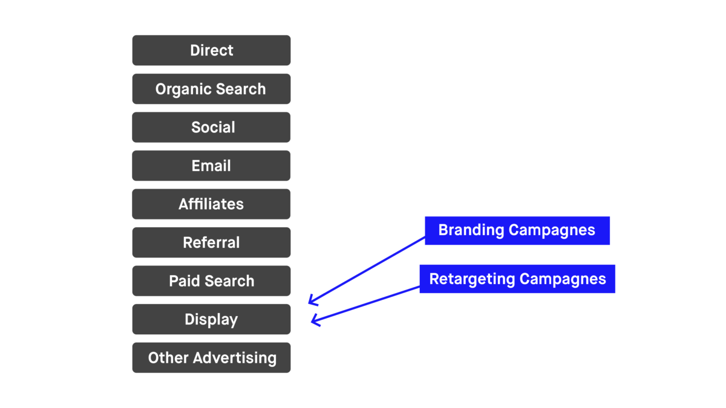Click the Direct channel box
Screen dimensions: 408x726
[x=211, y=50]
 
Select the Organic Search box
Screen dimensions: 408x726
[x=211, y=89]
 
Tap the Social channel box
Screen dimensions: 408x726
[x=211, y=128]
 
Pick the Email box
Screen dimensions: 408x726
[x=211, y=166]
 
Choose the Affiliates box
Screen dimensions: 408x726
[x=211, y=204]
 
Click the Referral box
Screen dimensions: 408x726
[x=211, y=242]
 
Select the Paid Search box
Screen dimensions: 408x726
[x=211, y=281]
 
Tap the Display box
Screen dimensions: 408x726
[x=211, y=319]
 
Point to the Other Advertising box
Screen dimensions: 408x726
[x=211, y=358]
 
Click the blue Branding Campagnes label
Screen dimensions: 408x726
[x=517, y=230]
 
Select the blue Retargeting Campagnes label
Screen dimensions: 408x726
[x=517, y=279]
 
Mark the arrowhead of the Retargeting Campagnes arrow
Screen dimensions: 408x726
[x=313, y=322]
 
